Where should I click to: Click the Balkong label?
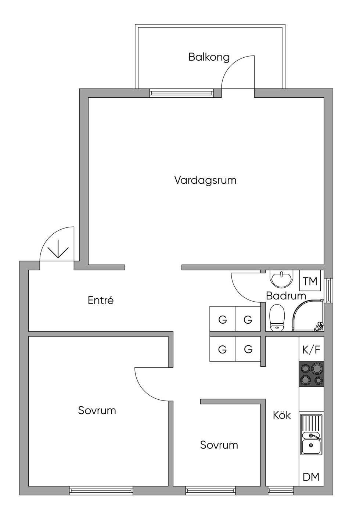[209, 57]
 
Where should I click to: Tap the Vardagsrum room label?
[205, 180]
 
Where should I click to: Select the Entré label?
[100, 300]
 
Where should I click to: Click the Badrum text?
[286, 296]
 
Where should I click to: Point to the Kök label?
[282, 415]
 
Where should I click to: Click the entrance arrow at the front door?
[58, 249]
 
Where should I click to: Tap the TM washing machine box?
[310, 281]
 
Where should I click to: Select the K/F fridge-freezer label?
[312, 350]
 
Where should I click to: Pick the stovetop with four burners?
[312, 374]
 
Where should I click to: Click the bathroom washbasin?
[281, 279]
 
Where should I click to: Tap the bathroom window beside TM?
[328, 290]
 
